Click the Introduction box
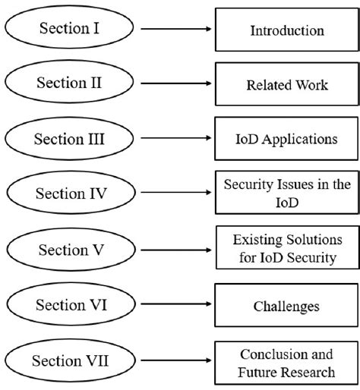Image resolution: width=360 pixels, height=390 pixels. (x=286, y=31)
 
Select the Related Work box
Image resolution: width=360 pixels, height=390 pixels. (x=286, y=85)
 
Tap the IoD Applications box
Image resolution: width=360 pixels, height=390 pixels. (x=286, y=140)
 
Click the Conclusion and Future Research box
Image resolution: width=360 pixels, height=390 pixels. (x=286, y=363)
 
